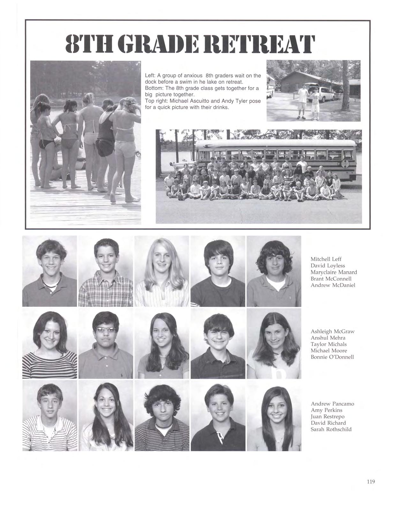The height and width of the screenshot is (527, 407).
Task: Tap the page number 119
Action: pyautogui.click(x=371, y=482)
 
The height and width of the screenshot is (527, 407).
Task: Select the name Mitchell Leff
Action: pyautogui.click(x=326, y=259)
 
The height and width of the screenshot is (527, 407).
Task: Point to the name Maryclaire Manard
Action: pyautogui.click(x=334, y=272)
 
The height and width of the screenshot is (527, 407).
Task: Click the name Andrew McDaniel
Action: pyautogui.click(x=333, y=285)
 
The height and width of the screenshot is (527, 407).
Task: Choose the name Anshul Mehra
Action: pyautogui.click(x=328, y=338)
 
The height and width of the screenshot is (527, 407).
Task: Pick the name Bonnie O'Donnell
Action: pyautogui.click(x=332, y=357)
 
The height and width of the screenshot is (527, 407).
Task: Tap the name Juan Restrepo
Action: pyautogui.click(x=328, y=416)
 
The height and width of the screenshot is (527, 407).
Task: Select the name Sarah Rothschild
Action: pyautogui.click(x=331, y=429)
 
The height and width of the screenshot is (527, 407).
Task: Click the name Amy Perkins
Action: pyautogui.click(x=326, y=410)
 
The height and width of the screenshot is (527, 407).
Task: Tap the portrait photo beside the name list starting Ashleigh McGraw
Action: pyautogui.click(x=274, y=343)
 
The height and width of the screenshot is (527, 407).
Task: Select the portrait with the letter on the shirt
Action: pyautogui.click(x=274, y=343)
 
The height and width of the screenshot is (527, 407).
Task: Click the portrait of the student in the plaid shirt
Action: pyautogui.click(x=106, y=271)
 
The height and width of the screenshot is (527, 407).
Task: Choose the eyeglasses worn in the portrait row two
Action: pyautogui.click(x=105, y=330)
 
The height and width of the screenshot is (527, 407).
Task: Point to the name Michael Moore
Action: pyautogui.click(x=329, y=350)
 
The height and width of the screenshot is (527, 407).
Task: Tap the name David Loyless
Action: pyautogui.click(x=328, y=265)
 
